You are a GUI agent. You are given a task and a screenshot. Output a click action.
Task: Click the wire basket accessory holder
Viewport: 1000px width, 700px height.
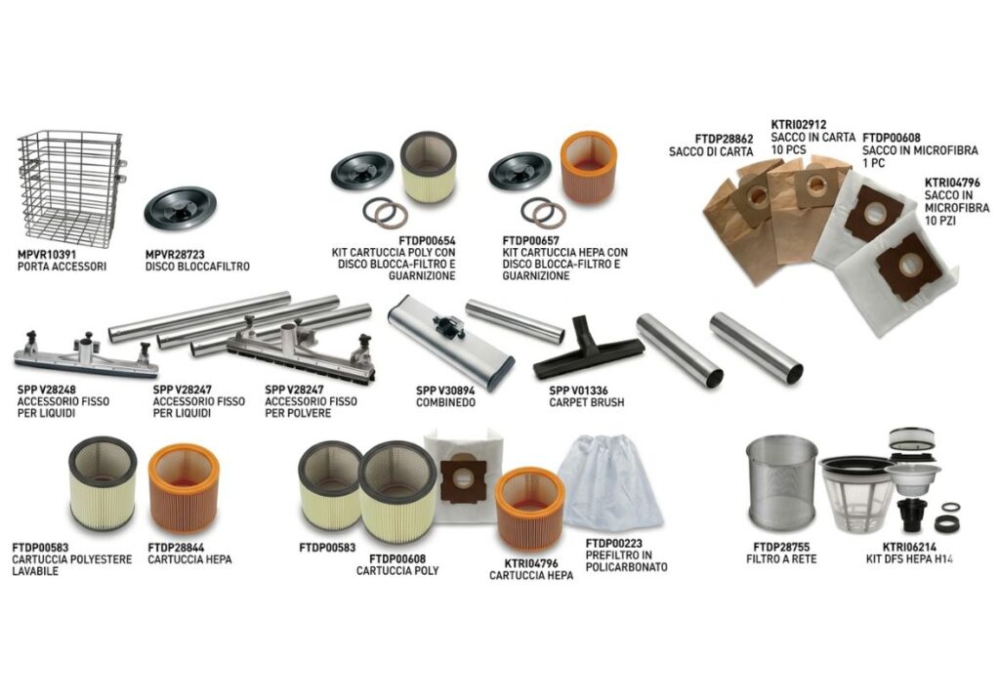69,188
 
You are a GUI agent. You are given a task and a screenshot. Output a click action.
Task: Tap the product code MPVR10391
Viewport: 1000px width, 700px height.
47,255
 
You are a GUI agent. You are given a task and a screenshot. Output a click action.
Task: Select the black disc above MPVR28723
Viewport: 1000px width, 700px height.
180,208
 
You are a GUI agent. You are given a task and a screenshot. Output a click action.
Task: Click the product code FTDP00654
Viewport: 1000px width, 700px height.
427,241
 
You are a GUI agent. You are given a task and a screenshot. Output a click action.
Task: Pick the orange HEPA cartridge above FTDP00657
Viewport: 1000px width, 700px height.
588,168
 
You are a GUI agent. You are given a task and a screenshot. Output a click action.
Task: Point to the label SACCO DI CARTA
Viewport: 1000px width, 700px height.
711,151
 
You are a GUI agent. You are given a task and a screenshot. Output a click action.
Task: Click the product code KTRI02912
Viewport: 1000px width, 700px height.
799,125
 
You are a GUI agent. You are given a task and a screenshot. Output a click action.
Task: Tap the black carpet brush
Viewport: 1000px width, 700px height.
588,350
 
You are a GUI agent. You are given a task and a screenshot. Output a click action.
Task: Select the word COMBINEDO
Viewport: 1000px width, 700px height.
445,403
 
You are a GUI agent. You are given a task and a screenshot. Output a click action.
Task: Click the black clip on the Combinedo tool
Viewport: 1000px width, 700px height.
449,326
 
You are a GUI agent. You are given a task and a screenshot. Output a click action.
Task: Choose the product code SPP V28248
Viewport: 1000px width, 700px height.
47,390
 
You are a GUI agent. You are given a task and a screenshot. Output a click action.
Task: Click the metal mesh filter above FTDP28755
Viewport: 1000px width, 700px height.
781,484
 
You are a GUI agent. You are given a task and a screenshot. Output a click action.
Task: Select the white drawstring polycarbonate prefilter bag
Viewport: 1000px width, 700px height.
610,481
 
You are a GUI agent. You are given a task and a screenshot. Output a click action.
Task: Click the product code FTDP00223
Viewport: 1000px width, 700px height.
613,544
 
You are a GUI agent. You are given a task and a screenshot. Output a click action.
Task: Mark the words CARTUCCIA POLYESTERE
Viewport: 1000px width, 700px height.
72,559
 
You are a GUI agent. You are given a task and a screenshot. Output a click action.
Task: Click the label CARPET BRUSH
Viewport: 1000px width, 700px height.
586,403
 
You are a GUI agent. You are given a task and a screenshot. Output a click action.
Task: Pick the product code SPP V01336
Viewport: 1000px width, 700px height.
578,391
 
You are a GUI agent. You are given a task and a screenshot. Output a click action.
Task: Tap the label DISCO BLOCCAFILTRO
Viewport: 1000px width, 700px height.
197,267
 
